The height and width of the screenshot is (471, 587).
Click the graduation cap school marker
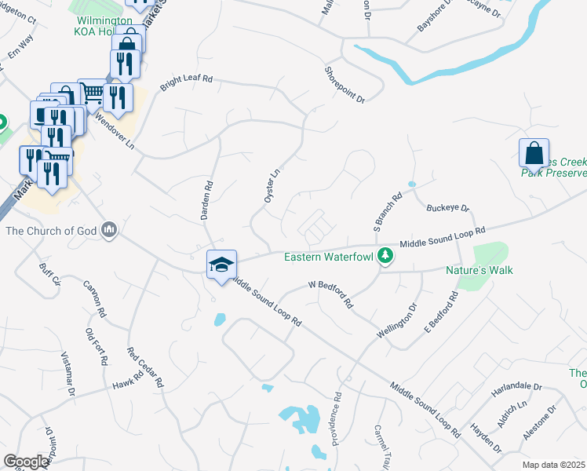(x=221, y=264)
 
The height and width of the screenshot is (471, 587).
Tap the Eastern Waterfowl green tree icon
(x=385, y=256)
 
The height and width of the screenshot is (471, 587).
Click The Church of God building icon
(x=110, y=230)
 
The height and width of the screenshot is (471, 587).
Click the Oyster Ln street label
(x=272, y=185)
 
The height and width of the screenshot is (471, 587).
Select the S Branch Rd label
(x=388, y=206)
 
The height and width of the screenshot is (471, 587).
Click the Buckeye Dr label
(x=447, y=209)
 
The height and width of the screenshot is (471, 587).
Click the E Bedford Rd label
(x=441, y=312)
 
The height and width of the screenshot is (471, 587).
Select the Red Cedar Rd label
(x=145, y=367)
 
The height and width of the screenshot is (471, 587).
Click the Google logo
(x=27, y=462)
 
